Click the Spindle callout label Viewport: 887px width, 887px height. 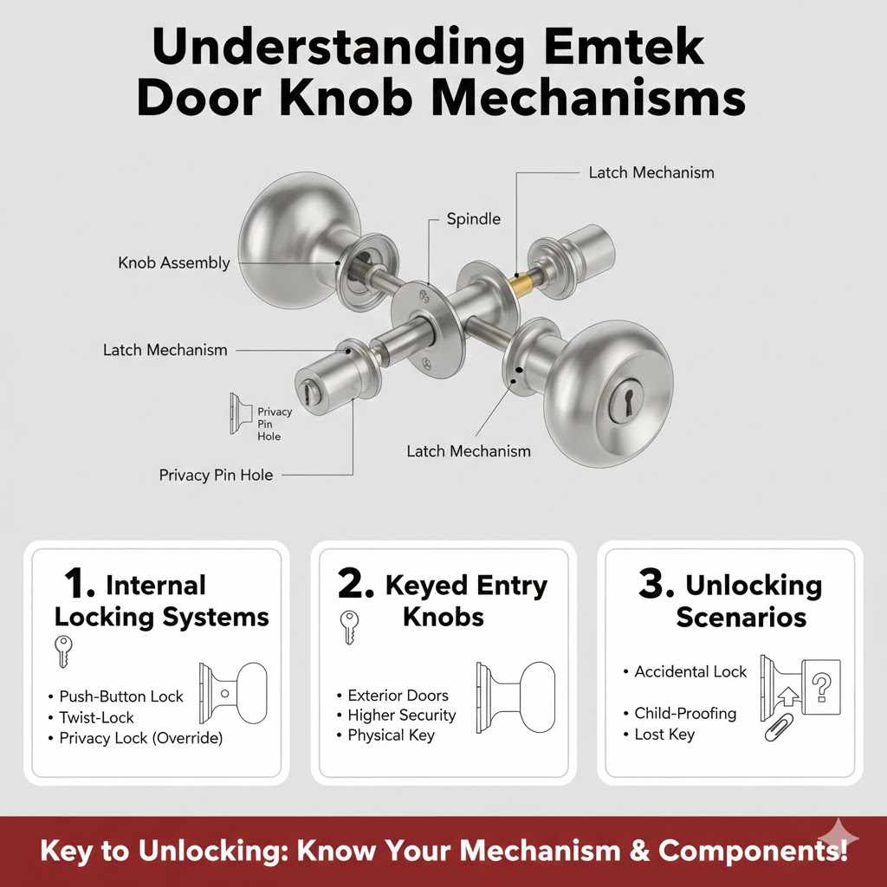click(473, 219)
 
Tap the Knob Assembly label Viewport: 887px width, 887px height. click(174, 262)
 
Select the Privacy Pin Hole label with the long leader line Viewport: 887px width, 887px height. click(216, 475)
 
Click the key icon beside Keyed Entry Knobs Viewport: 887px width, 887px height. click(348, 628)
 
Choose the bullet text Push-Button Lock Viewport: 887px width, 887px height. click(121, 696)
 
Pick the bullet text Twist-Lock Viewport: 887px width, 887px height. click(97, 717)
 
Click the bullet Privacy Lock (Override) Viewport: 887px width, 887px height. click(141, 738)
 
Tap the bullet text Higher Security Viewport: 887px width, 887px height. click(401, 715)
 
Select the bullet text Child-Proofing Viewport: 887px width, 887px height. click(685, 713)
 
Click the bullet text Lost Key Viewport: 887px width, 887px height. click(664, 734)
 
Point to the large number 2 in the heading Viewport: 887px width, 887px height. click(355, 584)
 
